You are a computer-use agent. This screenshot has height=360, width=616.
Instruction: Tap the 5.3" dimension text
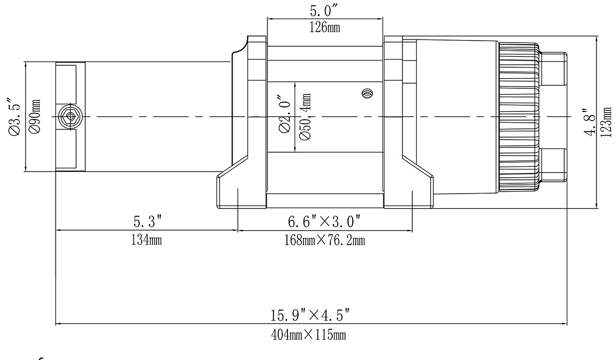coord(148,222)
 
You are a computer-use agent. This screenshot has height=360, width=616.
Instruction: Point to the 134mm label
coord(147,239)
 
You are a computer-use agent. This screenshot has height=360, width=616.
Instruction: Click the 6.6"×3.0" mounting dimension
coord(324,222)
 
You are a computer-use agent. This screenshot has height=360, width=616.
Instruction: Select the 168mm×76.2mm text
coord(324,240)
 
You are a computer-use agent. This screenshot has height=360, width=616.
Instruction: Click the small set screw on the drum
coord(367,93)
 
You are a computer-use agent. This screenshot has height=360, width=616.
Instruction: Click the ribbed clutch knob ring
coord(518,117)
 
